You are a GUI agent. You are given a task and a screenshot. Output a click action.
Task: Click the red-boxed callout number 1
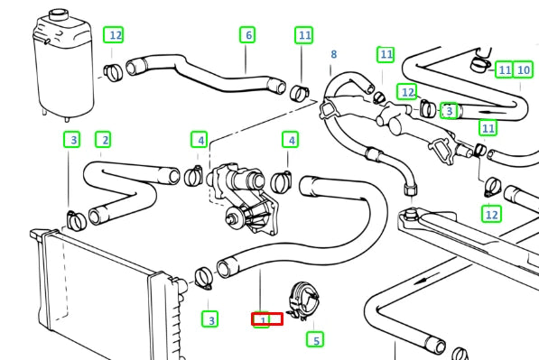coord(266,319)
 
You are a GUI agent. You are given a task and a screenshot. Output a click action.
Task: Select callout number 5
coord(315,340)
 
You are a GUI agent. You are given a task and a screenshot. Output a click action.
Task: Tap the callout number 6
coord(246,35)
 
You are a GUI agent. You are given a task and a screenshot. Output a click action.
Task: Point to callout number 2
coord(105,139)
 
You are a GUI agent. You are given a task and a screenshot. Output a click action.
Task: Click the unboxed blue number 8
coord(333,55)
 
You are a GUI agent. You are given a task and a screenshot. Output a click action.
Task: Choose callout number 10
coord(525,69)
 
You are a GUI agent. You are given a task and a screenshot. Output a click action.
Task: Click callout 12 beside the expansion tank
coord(113,35)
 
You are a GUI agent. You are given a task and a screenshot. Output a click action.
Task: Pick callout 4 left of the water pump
coord(199,139)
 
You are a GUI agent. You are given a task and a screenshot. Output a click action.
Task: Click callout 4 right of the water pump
coord(290,139)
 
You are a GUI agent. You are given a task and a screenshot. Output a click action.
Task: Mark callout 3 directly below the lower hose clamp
coord(209,318)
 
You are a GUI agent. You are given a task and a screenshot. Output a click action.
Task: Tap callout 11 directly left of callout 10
coord(505,69)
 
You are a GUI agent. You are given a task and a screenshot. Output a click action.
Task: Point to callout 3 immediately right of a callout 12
coord(449,110)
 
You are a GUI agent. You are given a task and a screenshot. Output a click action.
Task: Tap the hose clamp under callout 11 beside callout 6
coord(302,89)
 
